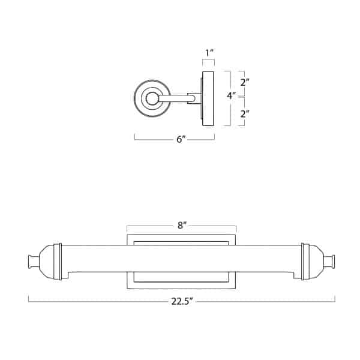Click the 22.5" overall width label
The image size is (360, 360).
coord(182,302)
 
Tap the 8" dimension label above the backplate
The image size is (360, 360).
coord(182,226)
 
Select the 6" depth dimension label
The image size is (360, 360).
coord(181,139)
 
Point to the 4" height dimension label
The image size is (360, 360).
coord(231,95)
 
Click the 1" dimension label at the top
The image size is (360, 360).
coord(209,53)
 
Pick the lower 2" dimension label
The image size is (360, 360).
coord(244,113)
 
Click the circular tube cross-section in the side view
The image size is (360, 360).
coord(152,98)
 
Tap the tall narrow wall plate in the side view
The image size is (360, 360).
coord(208,98)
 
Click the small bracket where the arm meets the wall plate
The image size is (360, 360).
coord(194,98)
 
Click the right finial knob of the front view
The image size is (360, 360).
coord(330,262)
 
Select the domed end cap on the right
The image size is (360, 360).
coord(316,262)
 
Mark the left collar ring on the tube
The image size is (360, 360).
coord(58,262)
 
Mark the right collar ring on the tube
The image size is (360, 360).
coord(305,262)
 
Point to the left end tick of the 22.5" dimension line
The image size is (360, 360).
coord(29,298)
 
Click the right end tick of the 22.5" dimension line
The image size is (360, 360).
coord(335,298)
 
